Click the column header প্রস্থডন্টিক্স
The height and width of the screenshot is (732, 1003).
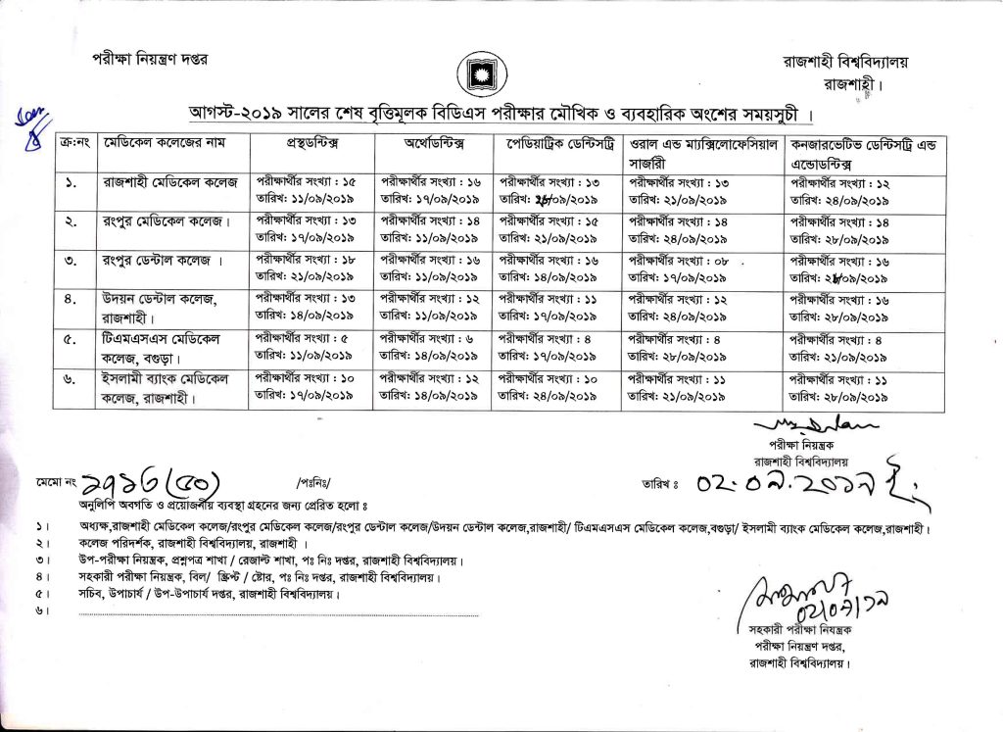click(310, 144)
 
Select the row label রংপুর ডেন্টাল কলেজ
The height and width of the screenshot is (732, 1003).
click(162, 266)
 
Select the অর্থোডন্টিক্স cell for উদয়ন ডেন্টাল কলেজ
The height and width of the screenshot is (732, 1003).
click(430, 307)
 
